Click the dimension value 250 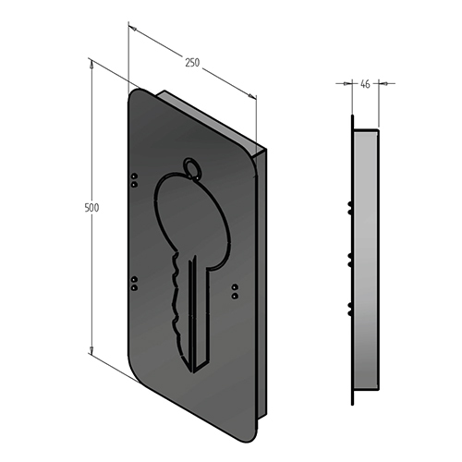192,63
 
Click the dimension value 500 91,208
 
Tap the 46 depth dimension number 365,84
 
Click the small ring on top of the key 192,166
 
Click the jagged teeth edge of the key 173,300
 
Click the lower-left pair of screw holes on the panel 135,281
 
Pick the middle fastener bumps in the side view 349,256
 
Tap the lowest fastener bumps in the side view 349,307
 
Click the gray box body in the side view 367,259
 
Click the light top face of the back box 208,115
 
